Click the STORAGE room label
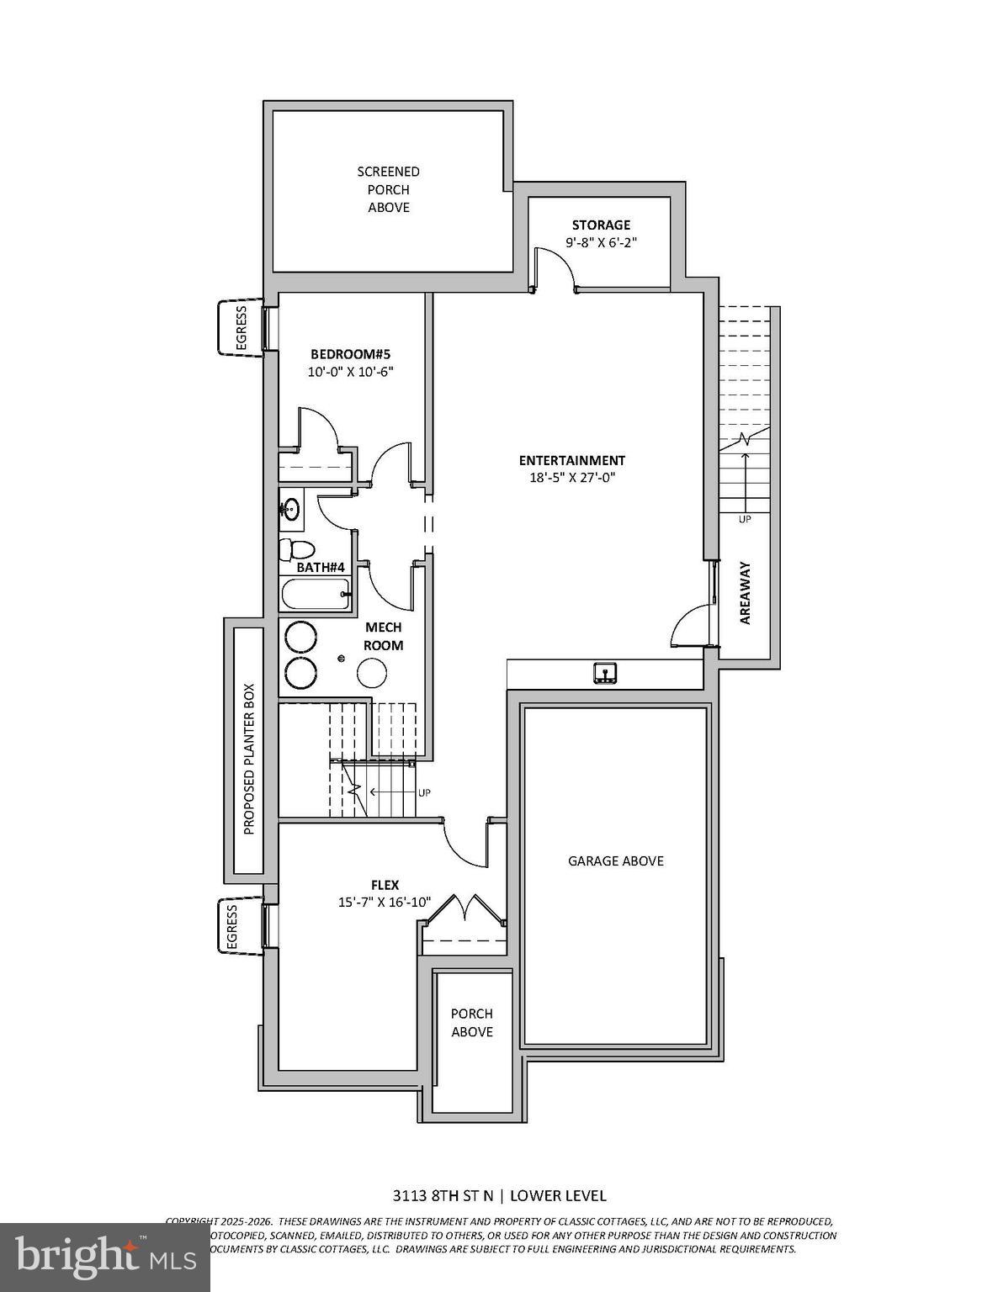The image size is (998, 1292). coord(601,225)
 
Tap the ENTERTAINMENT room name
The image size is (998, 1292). coord(571,460)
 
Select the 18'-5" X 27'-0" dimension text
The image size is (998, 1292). coord(571,478)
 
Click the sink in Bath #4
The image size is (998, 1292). coord(290,509)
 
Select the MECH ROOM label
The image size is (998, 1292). coord(383,637)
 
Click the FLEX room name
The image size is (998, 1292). coord(385,885)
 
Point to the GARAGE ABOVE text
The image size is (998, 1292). coord(616,861)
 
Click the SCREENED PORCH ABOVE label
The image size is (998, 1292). coord(388,189)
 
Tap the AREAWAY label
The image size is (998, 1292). coord(746,593)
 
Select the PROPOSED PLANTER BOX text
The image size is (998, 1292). coord(248,751)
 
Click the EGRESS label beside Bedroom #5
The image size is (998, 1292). coord(241,327)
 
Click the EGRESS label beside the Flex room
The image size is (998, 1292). coord(232,926)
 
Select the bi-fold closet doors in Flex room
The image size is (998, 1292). coord(464,910)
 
